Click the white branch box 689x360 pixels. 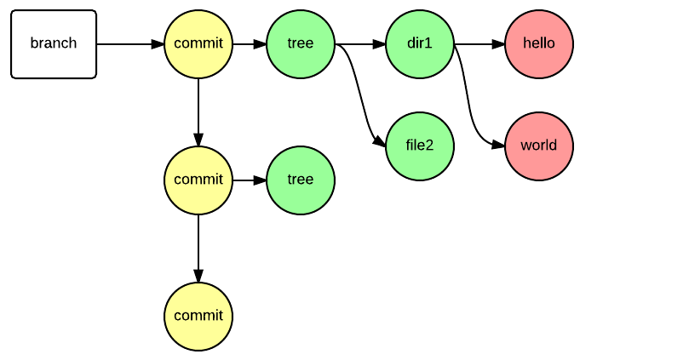point(54,44)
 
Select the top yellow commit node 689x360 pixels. point(198,44)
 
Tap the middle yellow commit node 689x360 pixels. point(198,180)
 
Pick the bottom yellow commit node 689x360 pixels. point(198,317)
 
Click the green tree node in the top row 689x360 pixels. point(301,44)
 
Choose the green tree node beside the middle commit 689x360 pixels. point(301,180)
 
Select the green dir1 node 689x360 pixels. point(420,44)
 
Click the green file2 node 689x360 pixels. point(420,146)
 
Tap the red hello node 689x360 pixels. point(539,44)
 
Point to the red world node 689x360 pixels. point(539,146)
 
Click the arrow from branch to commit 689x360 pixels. point(129,44)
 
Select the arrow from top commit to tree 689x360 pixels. point(250,44)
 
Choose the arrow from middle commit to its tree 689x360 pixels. point(250,180)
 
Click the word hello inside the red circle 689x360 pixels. point(539,44)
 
